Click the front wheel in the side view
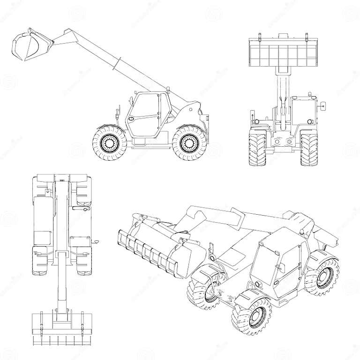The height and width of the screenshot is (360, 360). [109, 142]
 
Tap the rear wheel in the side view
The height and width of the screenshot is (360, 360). [189, 142]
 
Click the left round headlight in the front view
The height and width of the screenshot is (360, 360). [276, 141]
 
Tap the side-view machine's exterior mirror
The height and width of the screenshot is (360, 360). [114, 114]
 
